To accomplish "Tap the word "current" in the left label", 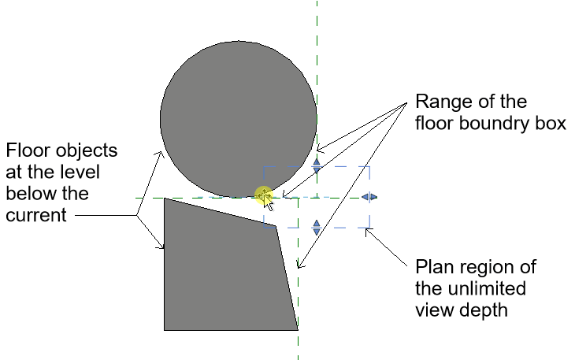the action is point(36,215).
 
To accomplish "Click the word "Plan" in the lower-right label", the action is point(432,267).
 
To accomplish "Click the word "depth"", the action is point(484,310).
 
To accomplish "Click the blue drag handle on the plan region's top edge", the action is point(317,166).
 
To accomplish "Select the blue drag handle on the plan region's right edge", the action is point(369,197).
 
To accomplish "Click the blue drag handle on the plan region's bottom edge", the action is point(317,228).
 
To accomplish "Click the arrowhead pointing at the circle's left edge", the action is point(161,154).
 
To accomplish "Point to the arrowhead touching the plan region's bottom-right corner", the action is point(368,231).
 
